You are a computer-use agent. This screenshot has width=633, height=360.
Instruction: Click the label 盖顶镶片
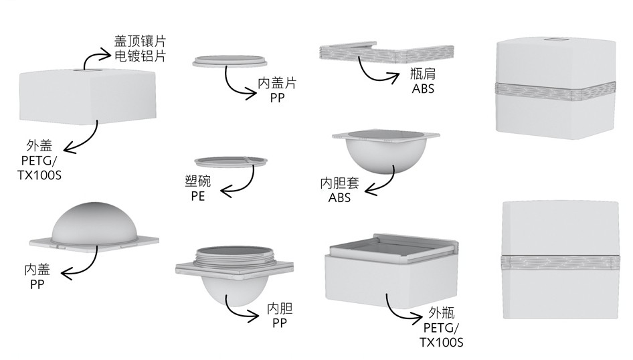139,40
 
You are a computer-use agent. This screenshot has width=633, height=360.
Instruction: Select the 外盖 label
38,145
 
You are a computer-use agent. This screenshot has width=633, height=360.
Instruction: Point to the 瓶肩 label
423,74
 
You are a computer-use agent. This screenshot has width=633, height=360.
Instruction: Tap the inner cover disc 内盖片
230,60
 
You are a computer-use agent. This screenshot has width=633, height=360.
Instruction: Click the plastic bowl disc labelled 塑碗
230,161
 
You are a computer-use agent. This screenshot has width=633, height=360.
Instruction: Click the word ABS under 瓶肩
423,88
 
